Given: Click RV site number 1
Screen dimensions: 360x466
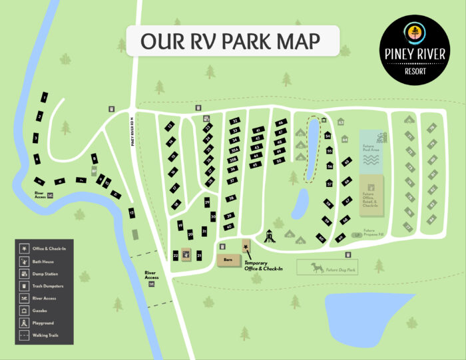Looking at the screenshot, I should point(44,98).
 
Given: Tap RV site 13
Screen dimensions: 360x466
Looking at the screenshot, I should point(170,126).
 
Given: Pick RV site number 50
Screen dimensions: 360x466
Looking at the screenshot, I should point(279,160).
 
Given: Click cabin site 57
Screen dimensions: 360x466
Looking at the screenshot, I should point(330,183).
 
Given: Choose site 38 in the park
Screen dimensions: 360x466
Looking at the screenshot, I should point(231,198).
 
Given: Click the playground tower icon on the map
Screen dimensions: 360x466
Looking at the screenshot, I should point(269,235).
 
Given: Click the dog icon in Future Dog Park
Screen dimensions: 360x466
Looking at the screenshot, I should point(316,268).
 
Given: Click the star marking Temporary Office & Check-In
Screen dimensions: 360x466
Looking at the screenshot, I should point(246,248).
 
